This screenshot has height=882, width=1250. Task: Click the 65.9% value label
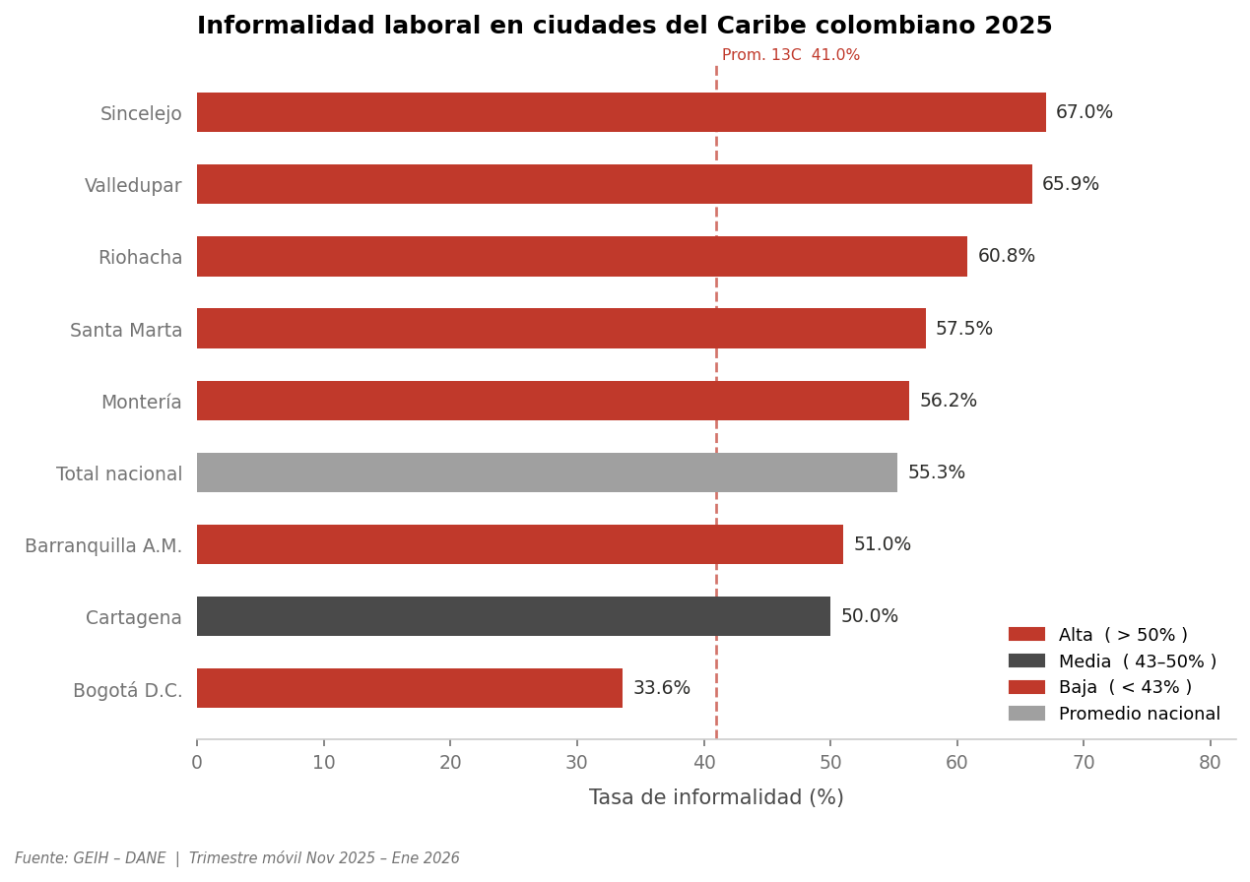1070,184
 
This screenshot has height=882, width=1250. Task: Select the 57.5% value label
963,329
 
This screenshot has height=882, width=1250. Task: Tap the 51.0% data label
882,544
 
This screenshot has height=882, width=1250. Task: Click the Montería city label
141,402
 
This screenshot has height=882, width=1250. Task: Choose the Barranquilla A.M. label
103,545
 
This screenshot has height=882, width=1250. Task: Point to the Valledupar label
133,185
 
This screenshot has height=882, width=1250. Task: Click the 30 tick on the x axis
577,763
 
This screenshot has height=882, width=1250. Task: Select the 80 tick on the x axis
1210,763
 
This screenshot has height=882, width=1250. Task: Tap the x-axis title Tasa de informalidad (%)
716,797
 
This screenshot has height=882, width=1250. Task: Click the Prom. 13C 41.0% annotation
790,55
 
